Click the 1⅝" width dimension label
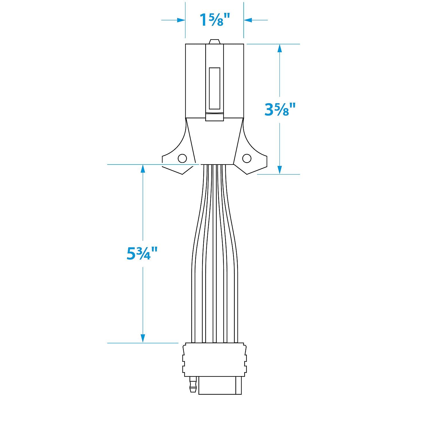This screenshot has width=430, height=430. tap(214, 20)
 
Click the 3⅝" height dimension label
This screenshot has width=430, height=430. tap(279, 110)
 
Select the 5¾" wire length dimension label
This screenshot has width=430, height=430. tap(142, 254)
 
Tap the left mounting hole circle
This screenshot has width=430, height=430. tap(182, 158)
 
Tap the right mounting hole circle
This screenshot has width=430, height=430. tap(247, 158)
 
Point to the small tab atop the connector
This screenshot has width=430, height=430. tap(214, 42)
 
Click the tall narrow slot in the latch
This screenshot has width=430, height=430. tap(214, 88)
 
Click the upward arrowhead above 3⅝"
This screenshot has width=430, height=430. tap(280, 49)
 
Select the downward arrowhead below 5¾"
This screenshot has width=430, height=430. tap(142, 338)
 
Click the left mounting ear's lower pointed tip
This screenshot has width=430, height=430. tap(182, 174)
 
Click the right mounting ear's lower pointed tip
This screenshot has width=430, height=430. tap(247, 174)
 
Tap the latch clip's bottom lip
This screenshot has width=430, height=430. tap(214, 117)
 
